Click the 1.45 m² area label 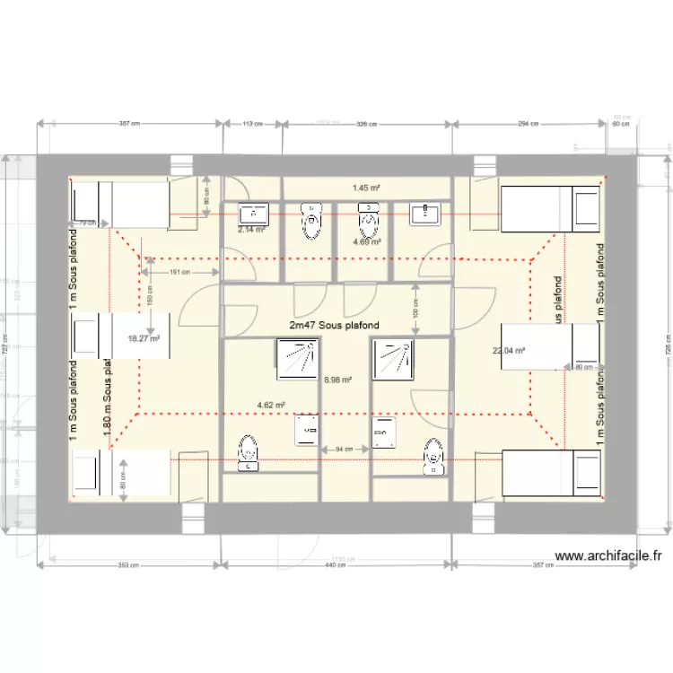click(366, 188)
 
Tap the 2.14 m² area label click(251, 229)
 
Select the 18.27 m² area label click(144, 338)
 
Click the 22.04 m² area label click(508, 351)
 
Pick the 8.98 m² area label click(336, 380)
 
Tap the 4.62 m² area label click(271, 405)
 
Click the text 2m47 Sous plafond click(334, 325)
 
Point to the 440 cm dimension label click(336, 565)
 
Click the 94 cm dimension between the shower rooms click(344, 448)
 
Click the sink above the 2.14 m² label click(254, 214)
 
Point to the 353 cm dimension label click(127, 565)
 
